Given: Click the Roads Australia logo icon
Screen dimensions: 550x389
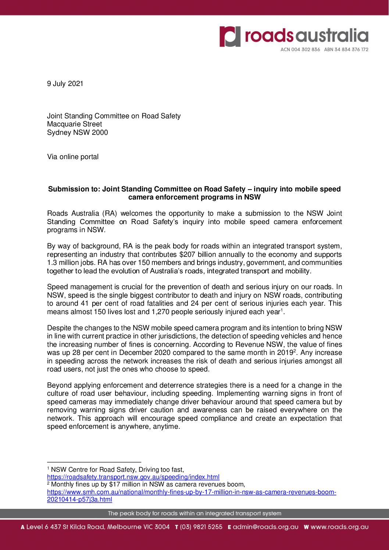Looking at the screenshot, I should tap(230, 36).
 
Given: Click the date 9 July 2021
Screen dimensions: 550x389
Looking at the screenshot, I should tap(65, 84).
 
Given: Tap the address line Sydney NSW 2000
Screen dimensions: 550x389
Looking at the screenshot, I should tap(78, 133).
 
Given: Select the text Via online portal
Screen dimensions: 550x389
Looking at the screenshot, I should tap(73, 157).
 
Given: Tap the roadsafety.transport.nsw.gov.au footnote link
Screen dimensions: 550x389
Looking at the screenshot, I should tap(133, 477).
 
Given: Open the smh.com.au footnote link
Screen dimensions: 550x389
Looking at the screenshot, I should tap(191, 492).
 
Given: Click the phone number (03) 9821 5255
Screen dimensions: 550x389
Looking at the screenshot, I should tap(201, 527).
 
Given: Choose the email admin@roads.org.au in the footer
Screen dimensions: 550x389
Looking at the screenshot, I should tap(265, 527).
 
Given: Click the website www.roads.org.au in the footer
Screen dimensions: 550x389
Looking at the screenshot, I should tap(339, 527).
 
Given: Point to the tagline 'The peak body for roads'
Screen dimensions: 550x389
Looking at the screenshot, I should tap(194, 513).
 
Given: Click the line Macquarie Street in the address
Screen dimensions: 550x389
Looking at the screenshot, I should tap(75, 124).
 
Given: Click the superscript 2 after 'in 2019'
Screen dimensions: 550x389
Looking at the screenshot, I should tap(295, 351).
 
